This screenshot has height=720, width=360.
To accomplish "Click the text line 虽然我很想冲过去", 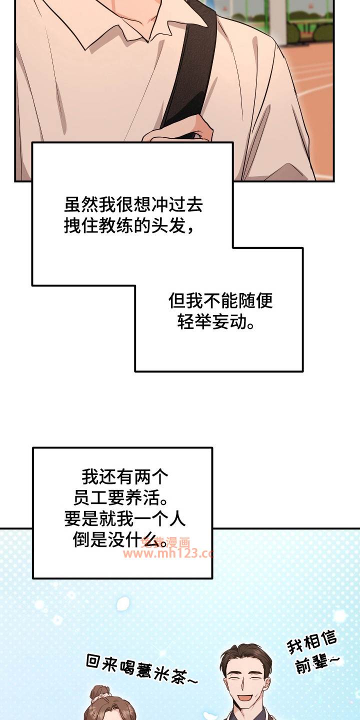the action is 133,204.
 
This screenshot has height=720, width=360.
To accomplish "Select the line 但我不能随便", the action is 220,300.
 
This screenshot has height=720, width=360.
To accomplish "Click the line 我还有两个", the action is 125,476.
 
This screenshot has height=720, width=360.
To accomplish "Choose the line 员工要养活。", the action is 120,498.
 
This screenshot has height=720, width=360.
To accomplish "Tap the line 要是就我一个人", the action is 125,519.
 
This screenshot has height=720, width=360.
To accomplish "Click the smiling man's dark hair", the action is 246,655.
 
